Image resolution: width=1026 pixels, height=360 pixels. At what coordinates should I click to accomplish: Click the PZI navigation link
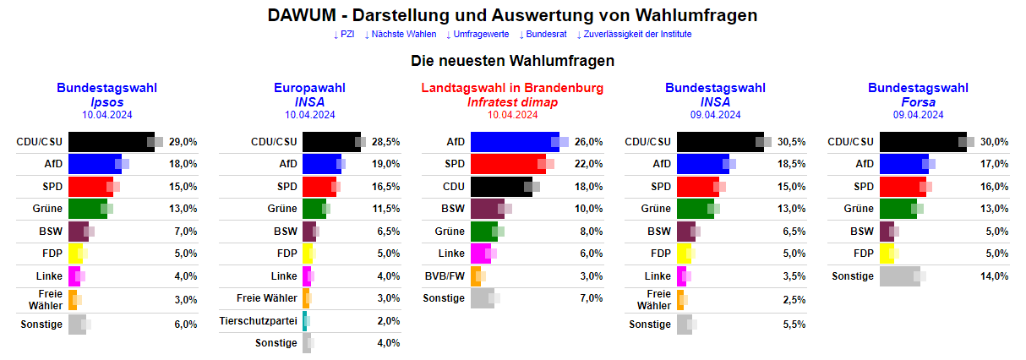click(344, 35)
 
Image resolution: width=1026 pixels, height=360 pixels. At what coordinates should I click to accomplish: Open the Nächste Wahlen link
click(401, 35)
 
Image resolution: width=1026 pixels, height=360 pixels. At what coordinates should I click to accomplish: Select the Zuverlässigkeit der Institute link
click(634, 35)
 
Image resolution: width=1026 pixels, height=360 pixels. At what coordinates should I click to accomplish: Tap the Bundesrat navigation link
click(542, 35)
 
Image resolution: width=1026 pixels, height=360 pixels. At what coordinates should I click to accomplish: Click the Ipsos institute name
click(107, 102)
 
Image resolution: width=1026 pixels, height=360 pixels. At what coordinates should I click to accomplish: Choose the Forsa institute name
click(918, 102)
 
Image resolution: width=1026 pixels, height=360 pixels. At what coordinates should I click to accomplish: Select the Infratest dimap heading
click(512, 102)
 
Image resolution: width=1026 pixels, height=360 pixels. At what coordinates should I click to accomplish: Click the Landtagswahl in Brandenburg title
click(512, 88)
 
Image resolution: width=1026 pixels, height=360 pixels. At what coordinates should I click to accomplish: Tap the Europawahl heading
click(309, 88)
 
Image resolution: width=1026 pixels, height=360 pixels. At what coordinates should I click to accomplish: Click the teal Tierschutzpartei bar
click(305, 321)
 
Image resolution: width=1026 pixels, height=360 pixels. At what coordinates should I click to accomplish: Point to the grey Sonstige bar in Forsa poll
click(899, 276)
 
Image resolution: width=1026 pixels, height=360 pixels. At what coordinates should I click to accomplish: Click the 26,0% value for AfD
click(588, 142)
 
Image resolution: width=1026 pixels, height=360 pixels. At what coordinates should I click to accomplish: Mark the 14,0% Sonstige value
click(994, 276)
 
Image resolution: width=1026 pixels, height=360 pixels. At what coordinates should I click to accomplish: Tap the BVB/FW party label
click(444, 276)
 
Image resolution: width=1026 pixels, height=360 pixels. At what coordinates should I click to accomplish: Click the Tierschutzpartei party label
click(258, 321)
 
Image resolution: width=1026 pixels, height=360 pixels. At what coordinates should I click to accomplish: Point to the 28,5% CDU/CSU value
click(385, 142)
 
